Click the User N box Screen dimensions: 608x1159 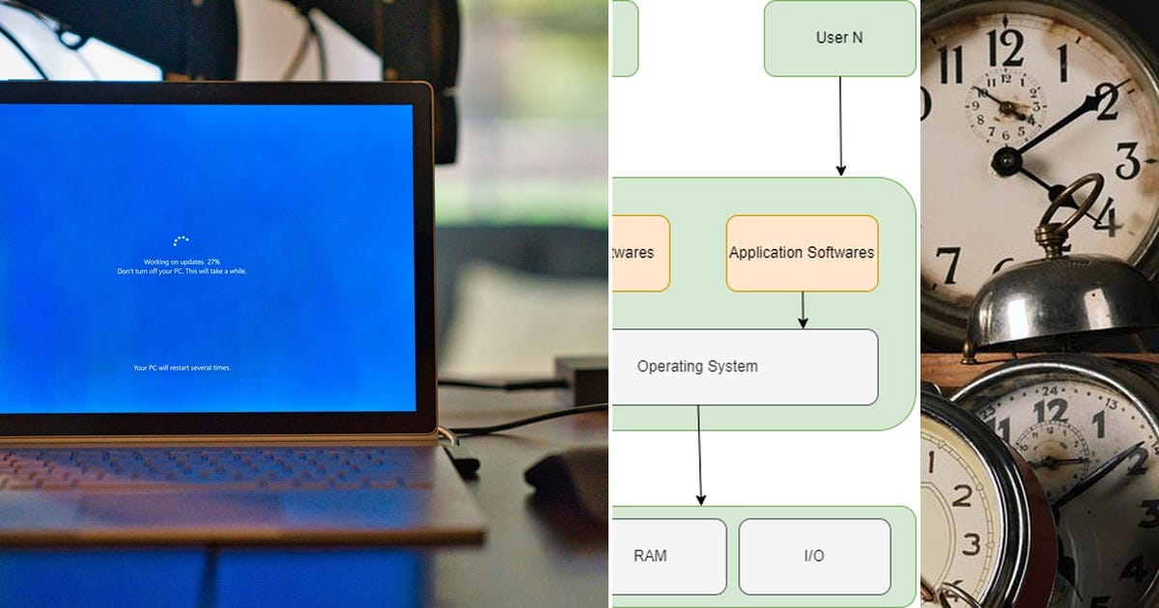pyautogui.click(x=839, y=39)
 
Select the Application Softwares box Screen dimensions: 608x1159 pyautogui.click(x=802, y=253)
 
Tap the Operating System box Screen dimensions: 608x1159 pyautogui.click(x=745, y=367)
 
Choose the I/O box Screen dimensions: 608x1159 pyautogui.click(x=814, y=556)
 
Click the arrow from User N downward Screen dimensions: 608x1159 pyautogui.click(x=840, y=125)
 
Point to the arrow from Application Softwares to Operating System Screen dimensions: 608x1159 pyautogui.click(x=803, y=310)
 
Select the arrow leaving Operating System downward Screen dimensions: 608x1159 pyautogui.click(x=699, y=454)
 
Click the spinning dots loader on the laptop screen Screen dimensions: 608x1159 pyautogui.click(x=181, y=240)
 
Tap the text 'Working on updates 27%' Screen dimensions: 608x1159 pyautogui.click(x=182, y=262)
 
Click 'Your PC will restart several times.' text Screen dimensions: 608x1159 pyautogui.click(x=182, y=368)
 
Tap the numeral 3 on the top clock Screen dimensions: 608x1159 pyautogui.click(x=1128, y=160)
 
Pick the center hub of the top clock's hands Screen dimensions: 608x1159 pyautogui.click(x=1007, y=160)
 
